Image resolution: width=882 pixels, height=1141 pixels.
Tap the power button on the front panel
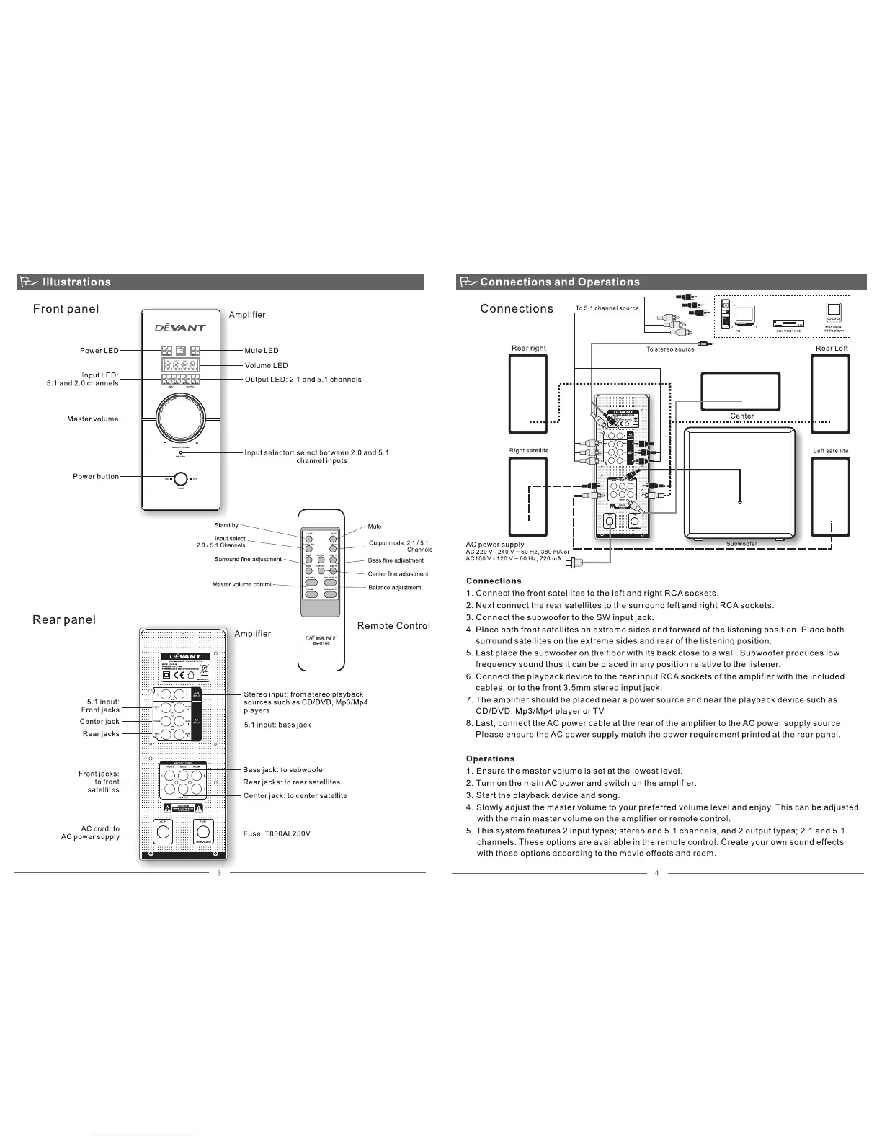coord(180,478)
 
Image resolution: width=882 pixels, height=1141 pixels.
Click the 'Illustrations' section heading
coord(76,282)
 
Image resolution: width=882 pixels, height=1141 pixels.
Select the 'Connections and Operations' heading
coord(560,282)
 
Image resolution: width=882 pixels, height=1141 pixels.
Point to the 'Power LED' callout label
coord(99,351)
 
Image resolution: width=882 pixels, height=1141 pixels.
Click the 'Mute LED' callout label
coord(262,351)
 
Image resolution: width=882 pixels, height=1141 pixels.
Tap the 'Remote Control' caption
coord(393,626)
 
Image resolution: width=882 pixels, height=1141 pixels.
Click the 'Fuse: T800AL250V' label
coord(277,834)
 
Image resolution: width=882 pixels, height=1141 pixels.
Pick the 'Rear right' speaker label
coord(529,349)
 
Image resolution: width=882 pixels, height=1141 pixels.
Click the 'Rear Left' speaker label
coord(832,349)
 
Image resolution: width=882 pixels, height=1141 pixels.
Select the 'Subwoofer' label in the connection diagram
coord(741,544)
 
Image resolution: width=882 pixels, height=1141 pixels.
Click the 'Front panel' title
coord(66,309)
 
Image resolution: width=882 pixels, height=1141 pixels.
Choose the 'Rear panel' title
coord(64,620)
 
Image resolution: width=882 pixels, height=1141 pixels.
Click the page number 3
coord(219,874)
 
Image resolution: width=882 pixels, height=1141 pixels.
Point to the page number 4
coord(657,874)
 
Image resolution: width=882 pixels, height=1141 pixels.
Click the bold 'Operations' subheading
coord(490,759)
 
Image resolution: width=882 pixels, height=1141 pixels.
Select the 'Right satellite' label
coord(529,451)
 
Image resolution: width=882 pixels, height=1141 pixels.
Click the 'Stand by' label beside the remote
coord(226,525)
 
